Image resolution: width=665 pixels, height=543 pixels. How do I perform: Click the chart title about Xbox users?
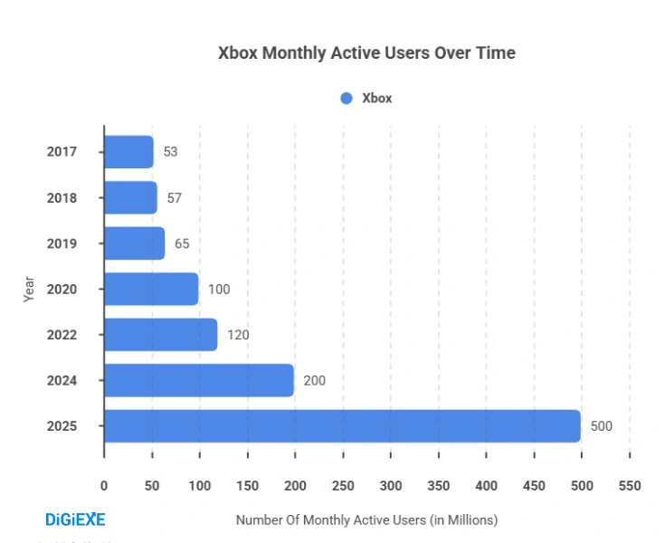pos(366,53)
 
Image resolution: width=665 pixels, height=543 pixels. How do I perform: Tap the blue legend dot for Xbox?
pos(346,99)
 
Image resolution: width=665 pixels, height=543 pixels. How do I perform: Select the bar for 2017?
pos(128,152)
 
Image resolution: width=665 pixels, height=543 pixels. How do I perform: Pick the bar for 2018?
pos(130,197)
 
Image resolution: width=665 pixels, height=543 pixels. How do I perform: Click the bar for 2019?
pos(134,243)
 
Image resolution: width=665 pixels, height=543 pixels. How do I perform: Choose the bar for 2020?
pos(151,289)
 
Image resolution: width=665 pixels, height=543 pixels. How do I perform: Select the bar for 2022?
pos(160,335)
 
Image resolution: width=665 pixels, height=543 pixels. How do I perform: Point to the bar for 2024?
pos(199,380)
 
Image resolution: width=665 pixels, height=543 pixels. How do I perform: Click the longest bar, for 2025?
pos(342,426)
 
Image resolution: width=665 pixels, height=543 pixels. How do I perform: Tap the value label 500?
pos(601,426)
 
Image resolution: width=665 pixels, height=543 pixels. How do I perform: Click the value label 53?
pos(170,152)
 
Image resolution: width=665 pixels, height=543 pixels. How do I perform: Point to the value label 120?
pos(238,335)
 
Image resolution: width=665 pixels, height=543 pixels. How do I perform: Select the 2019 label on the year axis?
pos(62,243)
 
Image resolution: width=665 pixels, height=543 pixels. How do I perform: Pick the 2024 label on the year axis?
pos(62,380)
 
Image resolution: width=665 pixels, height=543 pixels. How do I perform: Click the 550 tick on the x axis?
pos(629,486)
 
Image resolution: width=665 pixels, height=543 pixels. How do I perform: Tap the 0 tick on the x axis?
pos(104,486)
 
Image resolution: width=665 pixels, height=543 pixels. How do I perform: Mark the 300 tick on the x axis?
pos(390,486)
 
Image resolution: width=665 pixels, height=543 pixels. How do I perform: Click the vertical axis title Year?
pos(29,289)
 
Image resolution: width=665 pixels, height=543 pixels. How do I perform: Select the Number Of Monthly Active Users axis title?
pos(366,520)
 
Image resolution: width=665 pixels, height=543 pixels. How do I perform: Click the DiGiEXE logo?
pos(75,519)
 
